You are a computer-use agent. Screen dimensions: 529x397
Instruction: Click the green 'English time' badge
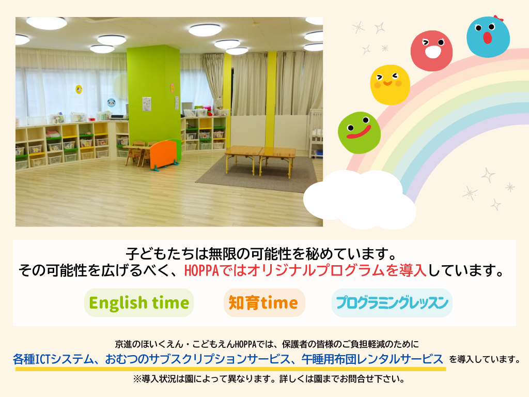coord(139,302)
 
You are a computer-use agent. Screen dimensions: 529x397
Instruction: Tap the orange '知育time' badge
coord(264,302)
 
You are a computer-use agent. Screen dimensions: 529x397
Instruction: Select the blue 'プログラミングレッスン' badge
coord(392,302)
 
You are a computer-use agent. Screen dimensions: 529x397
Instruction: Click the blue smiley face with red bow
coord(488,37)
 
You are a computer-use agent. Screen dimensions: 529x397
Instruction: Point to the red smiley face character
coord(431,51)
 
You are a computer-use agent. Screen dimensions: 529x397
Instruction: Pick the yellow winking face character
coord(390,85)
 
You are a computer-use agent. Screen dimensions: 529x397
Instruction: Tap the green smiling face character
coord(360,133)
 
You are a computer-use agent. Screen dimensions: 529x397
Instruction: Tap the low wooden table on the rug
coord(260,159)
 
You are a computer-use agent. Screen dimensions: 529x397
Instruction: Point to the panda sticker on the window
coord(112,102)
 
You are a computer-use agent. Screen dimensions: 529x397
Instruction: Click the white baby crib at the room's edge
coord(316,133)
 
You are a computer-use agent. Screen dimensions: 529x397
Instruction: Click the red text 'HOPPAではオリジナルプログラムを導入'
coord(305,270)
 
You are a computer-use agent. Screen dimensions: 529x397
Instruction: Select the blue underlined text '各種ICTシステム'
coord(53,359)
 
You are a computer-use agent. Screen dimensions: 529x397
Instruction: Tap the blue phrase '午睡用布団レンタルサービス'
coord(372,359)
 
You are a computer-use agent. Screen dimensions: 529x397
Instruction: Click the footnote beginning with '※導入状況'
coord(269,379)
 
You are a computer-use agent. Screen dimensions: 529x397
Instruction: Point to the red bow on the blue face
coord(499,18)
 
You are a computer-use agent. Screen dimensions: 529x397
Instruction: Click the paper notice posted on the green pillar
coord(147,103)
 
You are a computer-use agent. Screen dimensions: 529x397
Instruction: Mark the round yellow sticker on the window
coord(79,89)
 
